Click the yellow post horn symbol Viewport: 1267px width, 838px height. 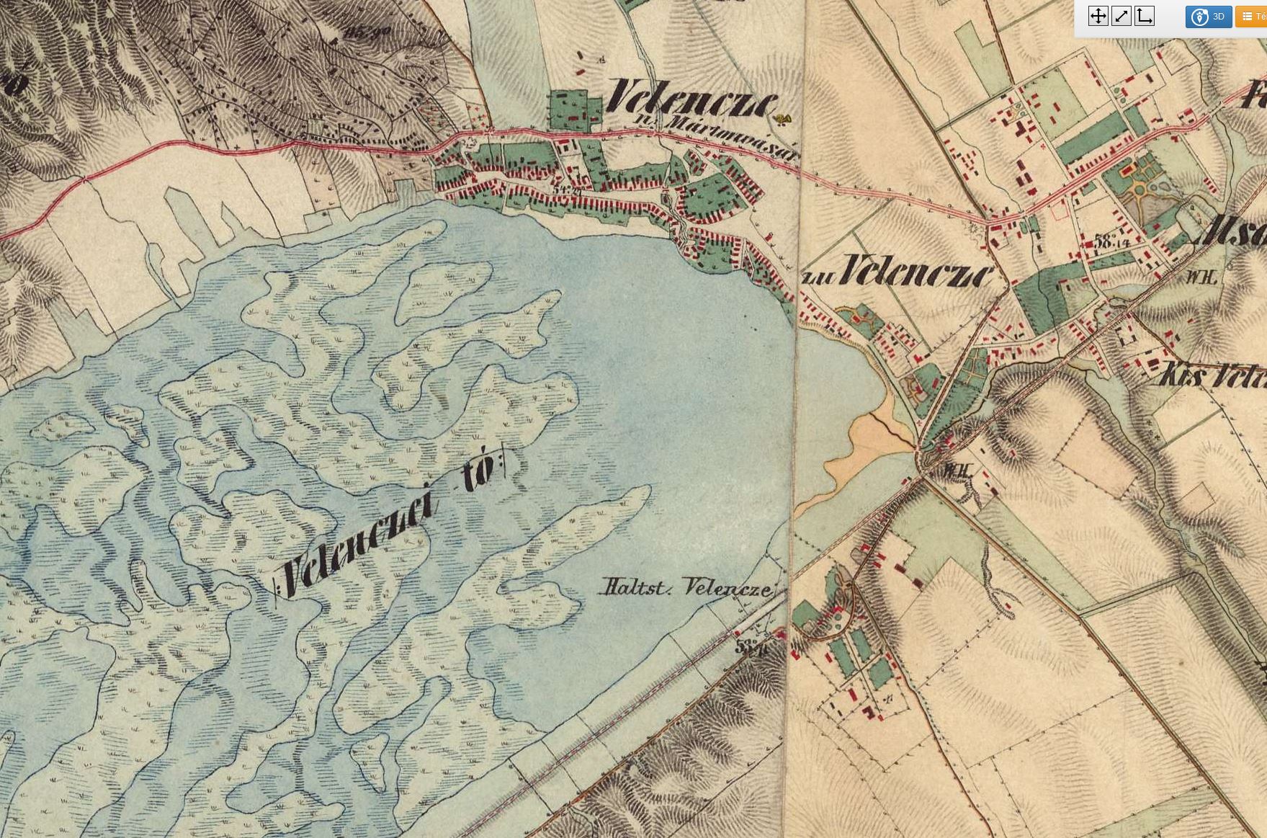783,118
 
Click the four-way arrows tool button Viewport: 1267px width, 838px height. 1098,17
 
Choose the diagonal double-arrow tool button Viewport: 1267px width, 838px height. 1121,17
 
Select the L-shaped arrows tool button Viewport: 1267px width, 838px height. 1144,17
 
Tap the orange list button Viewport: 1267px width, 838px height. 1252,17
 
